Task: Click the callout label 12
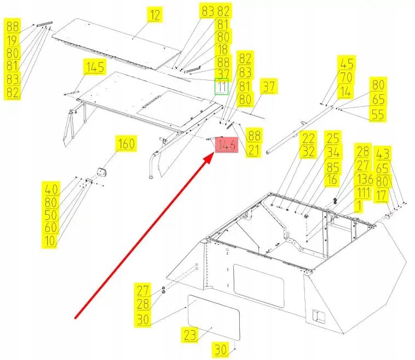(x=156, y=15)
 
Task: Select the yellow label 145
(x=94, y=68)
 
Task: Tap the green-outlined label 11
(x=221, y=87)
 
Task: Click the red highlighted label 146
(x=227, y=146)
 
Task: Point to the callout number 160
(x=126, y=145)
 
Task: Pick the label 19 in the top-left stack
(x=13, y=39)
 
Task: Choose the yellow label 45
(x=347, y=64)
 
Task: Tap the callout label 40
(x=51, y=190)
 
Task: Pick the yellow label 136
(x=364, y=179)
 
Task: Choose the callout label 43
(x=382, y=154)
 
